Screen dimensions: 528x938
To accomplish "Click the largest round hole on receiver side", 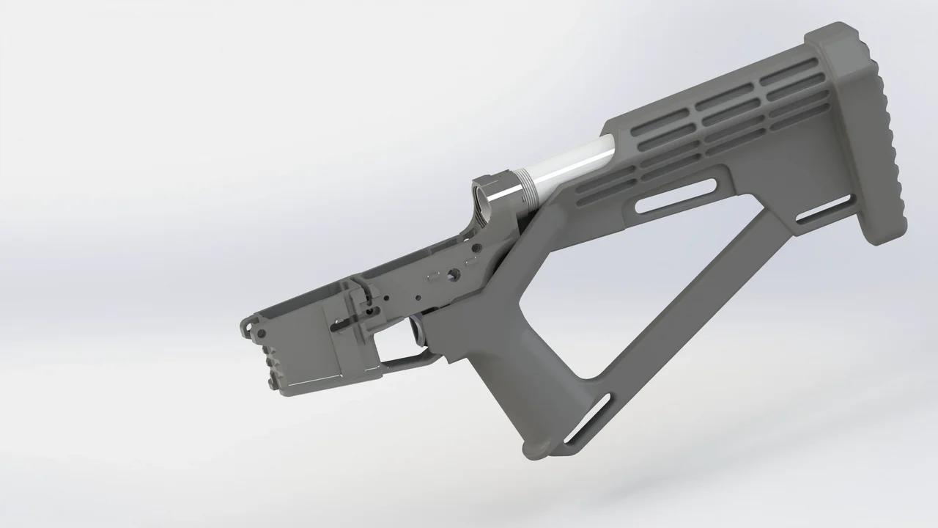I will point(455,274).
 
